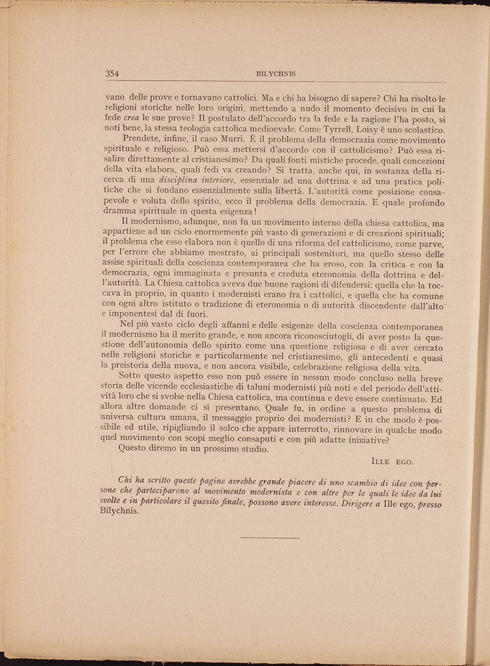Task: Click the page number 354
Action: [x=113, y=74]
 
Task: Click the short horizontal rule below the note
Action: [x=269, y=537]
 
